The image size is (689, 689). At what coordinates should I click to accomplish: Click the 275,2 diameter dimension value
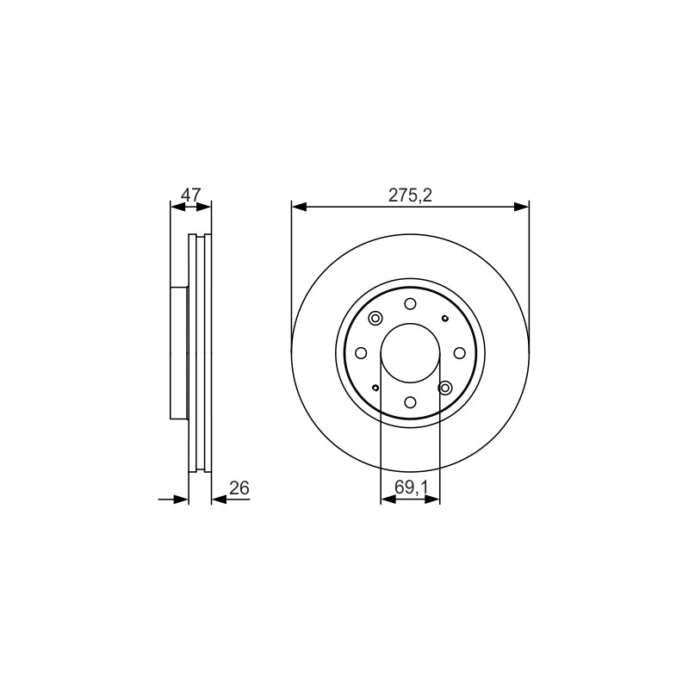(410, 196)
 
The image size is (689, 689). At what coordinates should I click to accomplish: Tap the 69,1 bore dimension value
(411, 487)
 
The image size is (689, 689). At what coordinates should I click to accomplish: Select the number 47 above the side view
(190, 195)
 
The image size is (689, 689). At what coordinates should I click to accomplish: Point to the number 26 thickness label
(239, 487)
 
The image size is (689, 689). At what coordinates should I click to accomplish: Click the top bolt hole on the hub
(410, 304)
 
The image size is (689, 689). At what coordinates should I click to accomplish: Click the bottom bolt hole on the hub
(410, 402)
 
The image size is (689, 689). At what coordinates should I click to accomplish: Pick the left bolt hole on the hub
(361, 353)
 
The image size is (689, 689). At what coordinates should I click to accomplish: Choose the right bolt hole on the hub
(459, 353)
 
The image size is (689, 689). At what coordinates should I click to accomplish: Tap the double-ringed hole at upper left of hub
(376, 318)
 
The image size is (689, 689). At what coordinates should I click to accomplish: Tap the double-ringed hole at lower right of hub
(445, 388)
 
